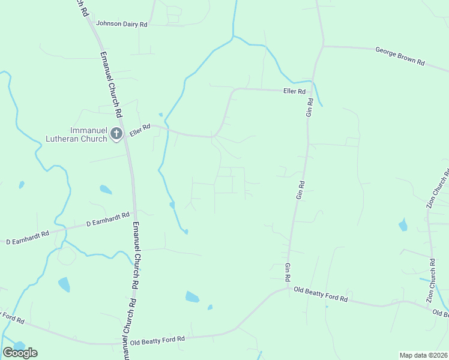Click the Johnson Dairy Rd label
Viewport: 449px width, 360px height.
(x=122, y=25)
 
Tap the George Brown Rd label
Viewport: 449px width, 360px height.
(x=400, y=56)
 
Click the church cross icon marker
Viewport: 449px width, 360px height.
(x=116, y=134)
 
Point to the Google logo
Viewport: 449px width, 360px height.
(x=20, y=353)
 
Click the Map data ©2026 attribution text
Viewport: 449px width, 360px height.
(x=423, y=355)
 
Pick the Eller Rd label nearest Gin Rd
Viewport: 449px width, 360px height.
(x=294, y=91)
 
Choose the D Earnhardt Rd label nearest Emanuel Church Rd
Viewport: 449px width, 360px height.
(x=108, y=219)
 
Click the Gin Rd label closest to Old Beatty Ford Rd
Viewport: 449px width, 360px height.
(x=288, y=272)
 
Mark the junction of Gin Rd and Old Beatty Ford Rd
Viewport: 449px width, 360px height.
(x=288, y=289)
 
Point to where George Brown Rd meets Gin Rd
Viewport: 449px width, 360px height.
(x=324, y=45)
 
